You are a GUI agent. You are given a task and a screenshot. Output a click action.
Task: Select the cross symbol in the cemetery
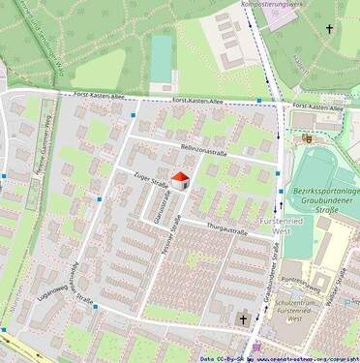329,29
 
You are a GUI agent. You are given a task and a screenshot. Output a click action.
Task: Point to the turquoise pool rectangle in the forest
162,59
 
